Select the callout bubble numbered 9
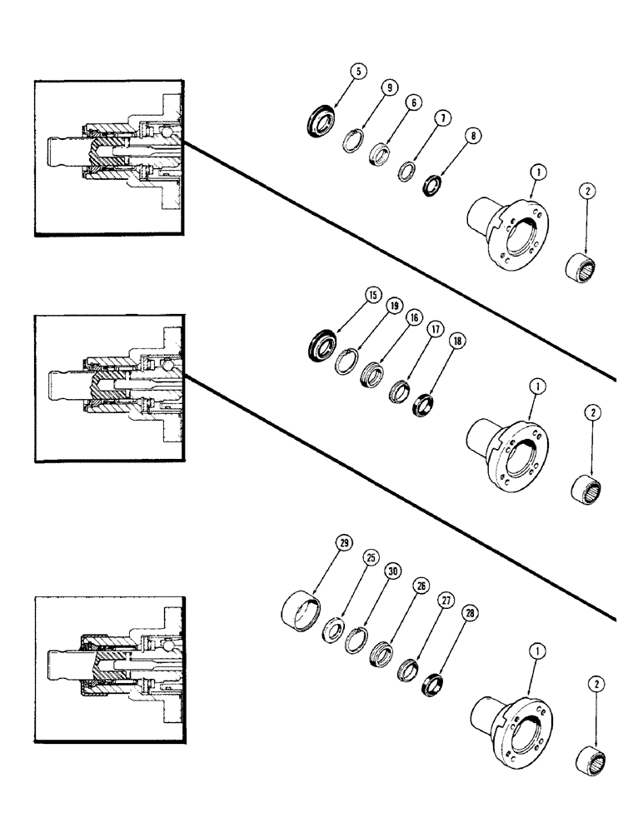click(389, 87)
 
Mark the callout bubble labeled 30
click(392, 572)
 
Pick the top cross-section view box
click(108, 158)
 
